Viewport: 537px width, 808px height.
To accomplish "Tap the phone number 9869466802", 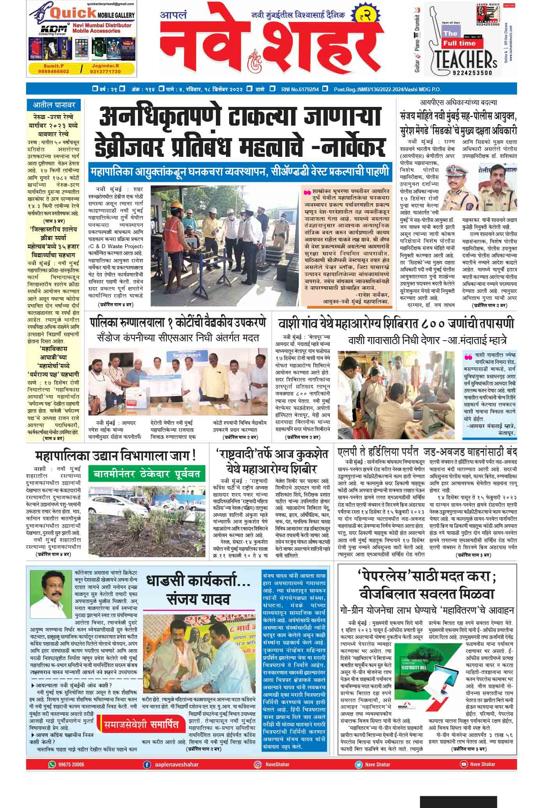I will [x=54, y=71].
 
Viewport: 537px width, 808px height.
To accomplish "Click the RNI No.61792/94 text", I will [x=300, y=89].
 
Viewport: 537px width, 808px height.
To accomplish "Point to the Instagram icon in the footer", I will [x=258, y=764].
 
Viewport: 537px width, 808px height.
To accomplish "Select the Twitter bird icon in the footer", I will [x=358, y=764].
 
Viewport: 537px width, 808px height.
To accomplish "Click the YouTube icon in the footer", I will [x=464, y=764].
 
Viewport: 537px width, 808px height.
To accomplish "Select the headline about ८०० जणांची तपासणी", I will [x=396, y=323].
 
